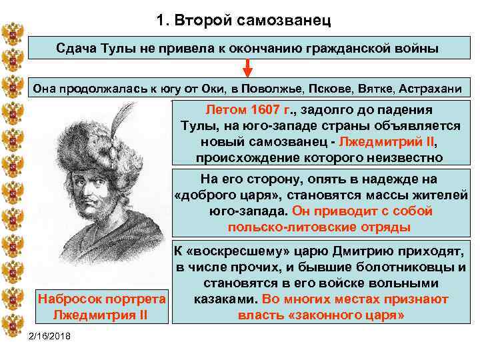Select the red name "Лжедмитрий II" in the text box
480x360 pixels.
tap(389, 143)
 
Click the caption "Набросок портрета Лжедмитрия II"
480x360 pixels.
tap(101, 307)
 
